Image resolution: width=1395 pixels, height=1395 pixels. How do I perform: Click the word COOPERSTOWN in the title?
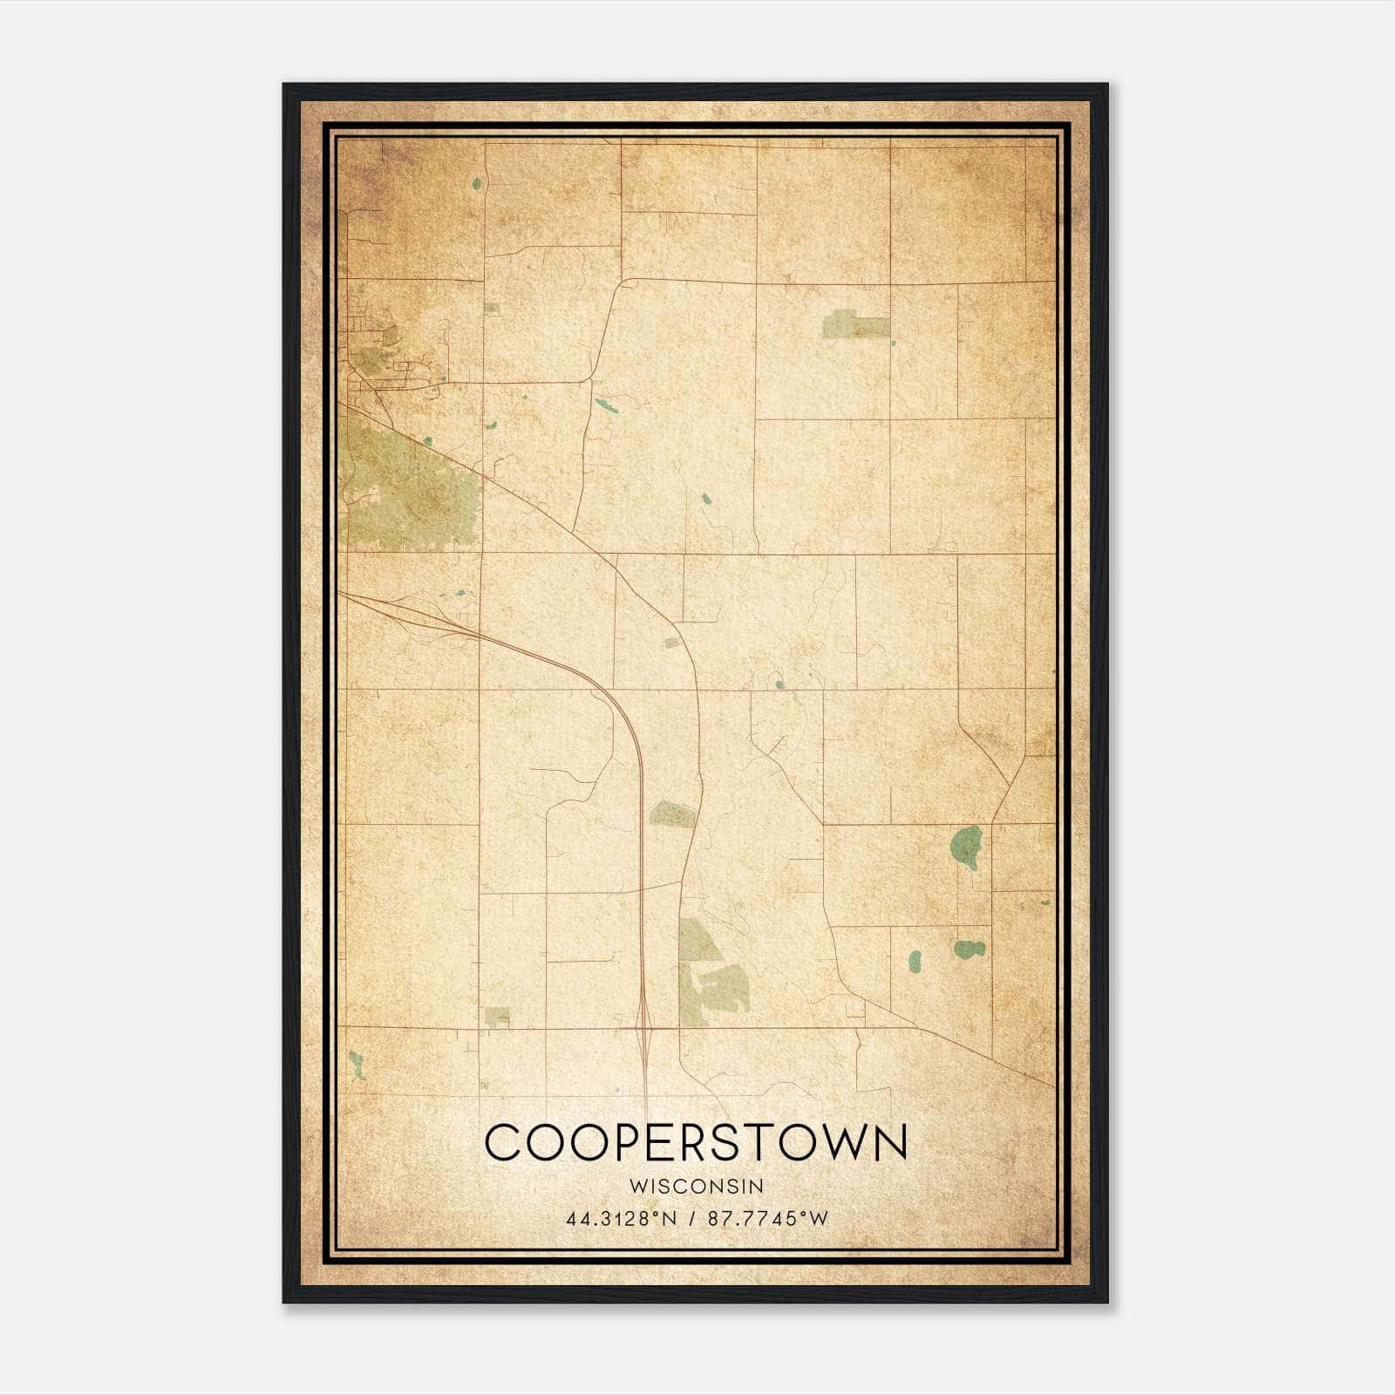click(x=696, y=1143)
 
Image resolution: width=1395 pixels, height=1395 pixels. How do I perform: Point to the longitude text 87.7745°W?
click(x=767, y=1219)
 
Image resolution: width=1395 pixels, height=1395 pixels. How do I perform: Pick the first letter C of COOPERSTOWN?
click(x=503, y=1143)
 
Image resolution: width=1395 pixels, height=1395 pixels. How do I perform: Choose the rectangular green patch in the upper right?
click(x=856, y=326)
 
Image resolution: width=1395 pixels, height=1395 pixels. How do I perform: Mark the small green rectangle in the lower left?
click(x=497, y=1017)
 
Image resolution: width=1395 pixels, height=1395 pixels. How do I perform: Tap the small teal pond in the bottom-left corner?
click(x=356, y=1065)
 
